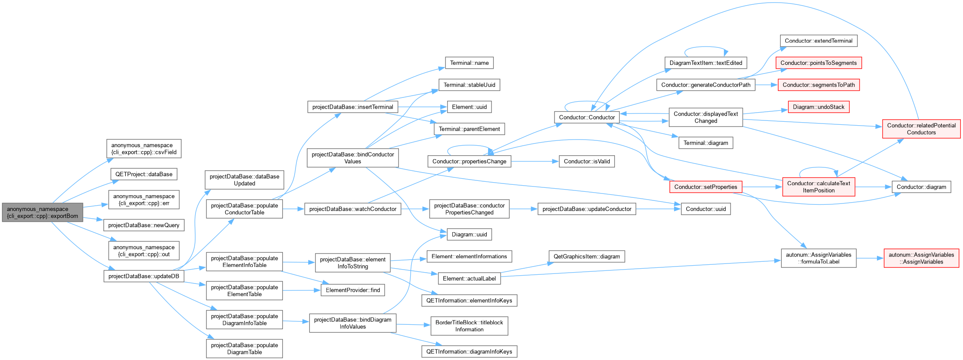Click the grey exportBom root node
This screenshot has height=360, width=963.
pos(43,212)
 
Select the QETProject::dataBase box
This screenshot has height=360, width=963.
pos(144,174)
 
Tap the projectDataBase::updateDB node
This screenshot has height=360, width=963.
pos(144,276)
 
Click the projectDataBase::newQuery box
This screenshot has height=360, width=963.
pos(144,225)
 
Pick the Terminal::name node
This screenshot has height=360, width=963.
pos(469,63)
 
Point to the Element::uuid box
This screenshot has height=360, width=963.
pos(469,107)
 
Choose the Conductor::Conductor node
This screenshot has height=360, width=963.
pos(587,117)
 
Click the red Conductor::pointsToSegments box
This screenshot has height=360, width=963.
pos(819,63)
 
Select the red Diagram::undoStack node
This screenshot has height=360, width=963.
pos(819,107)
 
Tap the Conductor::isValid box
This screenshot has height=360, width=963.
pos(587,161)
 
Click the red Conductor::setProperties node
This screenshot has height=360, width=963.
pos(706,187)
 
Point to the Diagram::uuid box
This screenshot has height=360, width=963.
pos(469,234)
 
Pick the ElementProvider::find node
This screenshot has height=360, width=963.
pos(353,290)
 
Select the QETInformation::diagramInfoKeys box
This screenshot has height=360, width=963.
pos(469,352)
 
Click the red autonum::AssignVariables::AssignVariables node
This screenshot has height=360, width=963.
pos(921,258)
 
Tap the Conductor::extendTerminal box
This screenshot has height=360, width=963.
pos(819,41)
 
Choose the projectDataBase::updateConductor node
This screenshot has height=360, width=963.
pos(587,209)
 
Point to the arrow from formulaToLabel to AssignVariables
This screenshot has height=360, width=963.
pos(870,258)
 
